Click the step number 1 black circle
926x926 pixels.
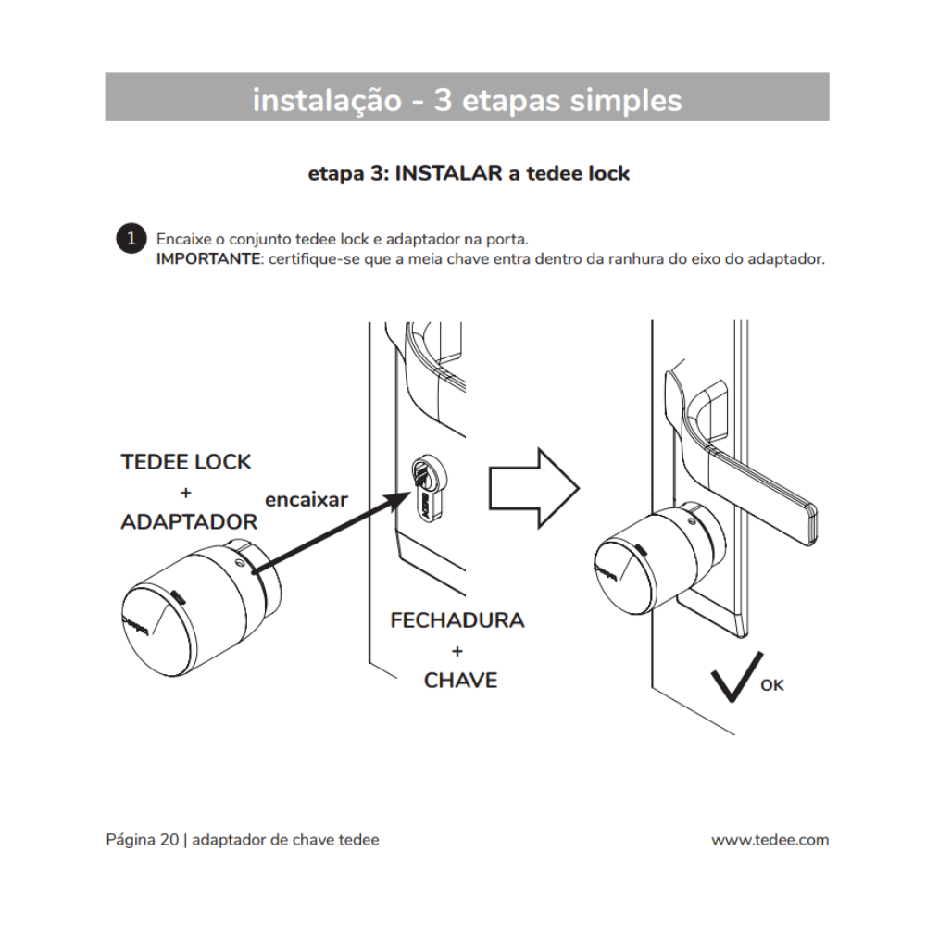[131, 238]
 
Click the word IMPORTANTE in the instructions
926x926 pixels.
[208, 257]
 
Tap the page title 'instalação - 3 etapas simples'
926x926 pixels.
[467, 99]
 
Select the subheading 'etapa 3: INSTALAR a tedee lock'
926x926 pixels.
[469, 173]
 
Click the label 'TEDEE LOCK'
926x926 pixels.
[186, 462]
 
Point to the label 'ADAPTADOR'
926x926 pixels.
[189, 521]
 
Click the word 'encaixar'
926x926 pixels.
[307, 499]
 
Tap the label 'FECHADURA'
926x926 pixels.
[457, 620]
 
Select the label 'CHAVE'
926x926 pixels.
[460, 681]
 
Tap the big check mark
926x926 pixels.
[736, 676]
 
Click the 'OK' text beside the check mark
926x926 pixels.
[771, 685]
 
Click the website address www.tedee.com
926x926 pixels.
[770, 840]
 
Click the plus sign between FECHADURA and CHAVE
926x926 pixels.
[457, 651]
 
